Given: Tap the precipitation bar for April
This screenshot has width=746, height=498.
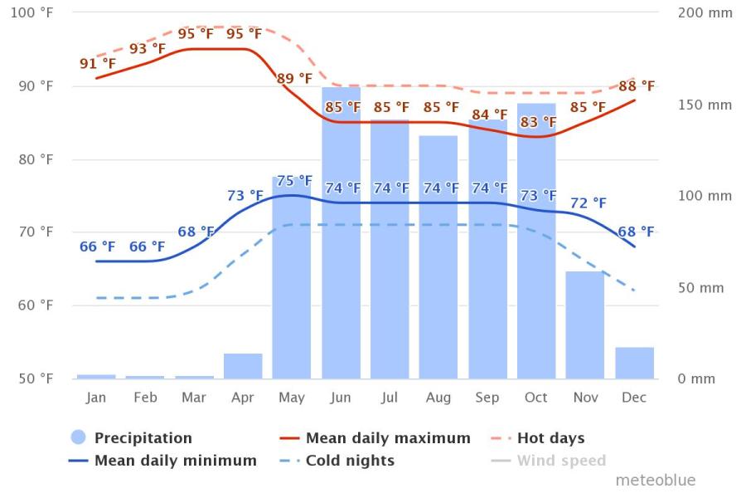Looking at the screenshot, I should click(x=243, y=366).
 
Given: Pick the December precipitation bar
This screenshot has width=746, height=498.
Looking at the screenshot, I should click(x=634, y=363).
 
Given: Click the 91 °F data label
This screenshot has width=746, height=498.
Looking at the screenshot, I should click(x=98, y=64).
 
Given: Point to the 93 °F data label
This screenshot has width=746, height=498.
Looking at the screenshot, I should click(x=148, y=49).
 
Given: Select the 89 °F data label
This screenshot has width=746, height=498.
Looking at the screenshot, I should click(x=294, y=79).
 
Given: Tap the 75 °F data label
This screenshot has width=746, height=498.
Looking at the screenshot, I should click(x=294, y=181).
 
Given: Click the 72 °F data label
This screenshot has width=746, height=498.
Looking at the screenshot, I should click(x=588, y=203).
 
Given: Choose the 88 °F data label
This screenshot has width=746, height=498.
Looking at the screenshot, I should click(x=637, y=86).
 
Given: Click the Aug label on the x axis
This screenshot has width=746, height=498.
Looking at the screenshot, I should click(x=438, y=398).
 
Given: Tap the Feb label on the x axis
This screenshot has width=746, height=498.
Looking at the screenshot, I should click(x=145, y=398).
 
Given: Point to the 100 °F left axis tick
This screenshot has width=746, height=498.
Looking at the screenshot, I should click(x=36, y=13).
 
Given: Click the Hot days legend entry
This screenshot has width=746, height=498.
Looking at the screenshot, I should click(x=550, y=438).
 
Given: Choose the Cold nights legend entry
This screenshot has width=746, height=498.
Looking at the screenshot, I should click(x=350, y=461).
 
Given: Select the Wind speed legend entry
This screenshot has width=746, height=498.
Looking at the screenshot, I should click(x=561, y=461).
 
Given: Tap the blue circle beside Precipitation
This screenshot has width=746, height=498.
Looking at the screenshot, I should click(x=79, y=438).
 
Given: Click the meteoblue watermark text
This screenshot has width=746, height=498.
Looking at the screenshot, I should click(x=655, y=481).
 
